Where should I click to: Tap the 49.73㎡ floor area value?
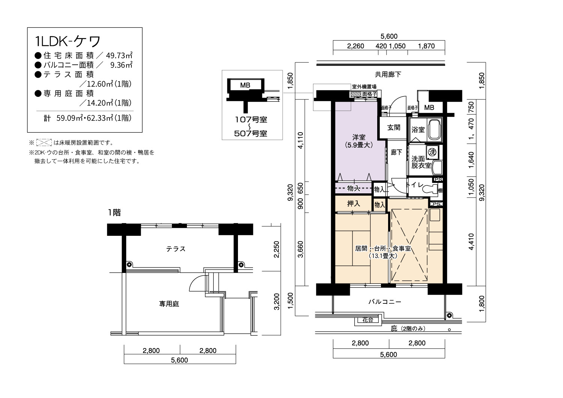[119, 55]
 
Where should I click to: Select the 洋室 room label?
[359, 137]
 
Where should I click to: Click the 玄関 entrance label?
[394, 127]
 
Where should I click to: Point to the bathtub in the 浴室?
[435, 130]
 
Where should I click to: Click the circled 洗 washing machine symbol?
[432, 152]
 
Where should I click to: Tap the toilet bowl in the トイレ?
[430, 188]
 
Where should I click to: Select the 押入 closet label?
[354, 204]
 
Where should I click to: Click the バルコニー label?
[385, 302]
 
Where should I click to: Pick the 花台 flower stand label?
[368, 320]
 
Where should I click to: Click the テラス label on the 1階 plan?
[176, 249]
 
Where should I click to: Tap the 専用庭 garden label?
[169, 304]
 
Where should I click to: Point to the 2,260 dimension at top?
[355, 46]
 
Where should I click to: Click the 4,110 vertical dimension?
[301, 140]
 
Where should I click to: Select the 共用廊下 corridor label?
[388, 74]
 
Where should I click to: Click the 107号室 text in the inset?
[251, 120]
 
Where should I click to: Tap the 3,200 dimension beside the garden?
[277, 302]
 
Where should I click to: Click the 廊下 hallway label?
[396, 152]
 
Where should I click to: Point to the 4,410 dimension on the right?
[471, 241]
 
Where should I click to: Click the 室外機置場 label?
[364, 87]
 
